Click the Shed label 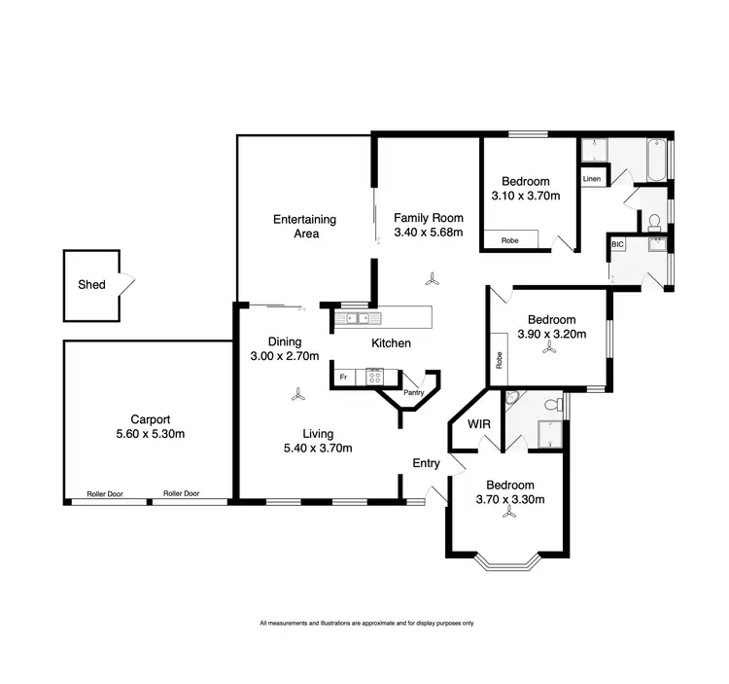coord(91,285)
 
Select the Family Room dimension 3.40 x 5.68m coord(428,233)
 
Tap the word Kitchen coord(392,343)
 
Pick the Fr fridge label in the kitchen coord(343,375)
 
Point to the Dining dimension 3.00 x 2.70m coord(285,357)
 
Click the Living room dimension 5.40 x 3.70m coord(318,449)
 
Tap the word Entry coord(427,463)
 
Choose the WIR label coord(479,425)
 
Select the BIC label coord(617,245)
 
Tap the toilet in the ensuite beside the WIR coord(553,403)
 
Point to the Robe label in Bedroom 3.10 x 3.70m coord(509,240)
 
